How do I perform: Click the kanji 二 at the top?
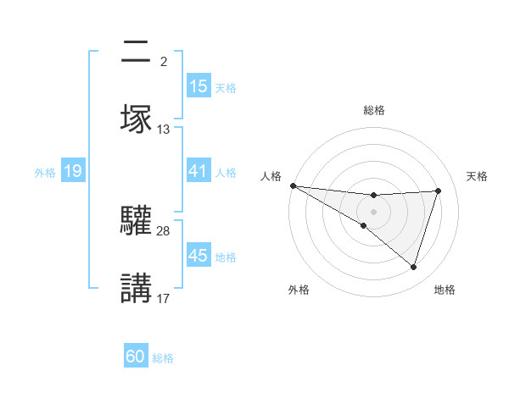pos(137,53)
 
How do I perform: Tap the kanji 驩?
pos(137,221)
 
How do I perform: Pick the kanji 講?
pos(137,288)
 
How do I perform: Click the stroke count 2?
pos(163,61)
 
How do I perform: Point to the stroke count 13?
pos(164,130)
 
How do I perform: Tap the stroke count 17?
pos(164,298)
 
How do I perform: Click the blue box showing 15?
pos(199,86)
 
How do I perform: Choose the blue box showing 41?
pos(199,172)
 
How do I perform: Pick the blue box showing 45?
pos(199,257)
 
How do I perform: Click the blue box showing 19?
pos(73,172)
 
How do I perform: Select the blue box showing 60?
pos(136,357)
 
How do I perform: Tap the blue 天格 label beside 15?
pos(226,87)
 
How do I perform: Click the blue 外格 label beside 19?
pos(45,173)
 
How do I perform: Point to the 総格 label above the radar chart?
pos(373,110)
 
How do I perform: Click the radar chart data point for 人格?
pos(293,185)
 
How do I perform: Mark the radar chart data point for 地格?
pos(414,267)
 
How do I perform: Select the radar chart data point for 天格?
pos(439,191)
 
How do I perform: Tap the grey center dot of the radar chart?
pos(373,211)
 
